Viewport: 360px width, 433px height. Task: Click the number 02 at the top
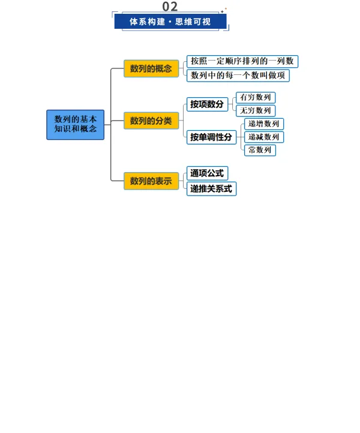point(170,7)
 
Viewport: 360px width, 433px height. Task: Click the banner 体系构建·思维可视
point(170,22)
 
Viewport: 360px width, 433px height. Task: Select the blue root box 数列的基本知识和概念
point(76,124)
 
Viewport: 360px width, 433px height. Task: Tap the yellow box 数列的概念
point(151,68)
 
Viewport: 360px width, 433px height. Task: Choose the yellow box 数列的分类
point(151,121)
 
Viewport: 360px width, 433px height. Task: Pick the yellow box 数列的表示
point(151,181)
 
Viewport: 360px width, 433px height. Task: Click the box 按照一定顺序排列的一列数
point(242,61)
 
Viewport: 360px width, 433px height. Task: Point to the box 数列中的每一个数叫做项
point(238,75)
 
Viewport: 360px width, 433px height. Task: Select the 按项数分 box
point(207,104)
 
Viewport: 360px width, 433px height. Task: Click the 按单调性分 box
point(211,137)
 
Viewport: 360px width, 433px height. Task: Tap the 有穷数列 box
point(255,97)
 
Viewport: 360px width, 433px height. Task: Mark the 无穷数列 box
point(255,110)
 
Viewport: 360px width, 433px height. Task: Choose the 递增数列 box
point(263,124)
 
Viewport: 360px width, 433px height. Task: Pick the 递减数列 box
point(263,137)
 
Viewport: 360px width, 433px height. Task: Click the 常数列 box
point(260,150)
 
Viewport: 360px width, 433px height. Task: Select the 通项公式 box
point(207,173)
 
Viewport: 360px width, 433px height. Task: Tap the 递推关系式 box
point(211,189)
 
